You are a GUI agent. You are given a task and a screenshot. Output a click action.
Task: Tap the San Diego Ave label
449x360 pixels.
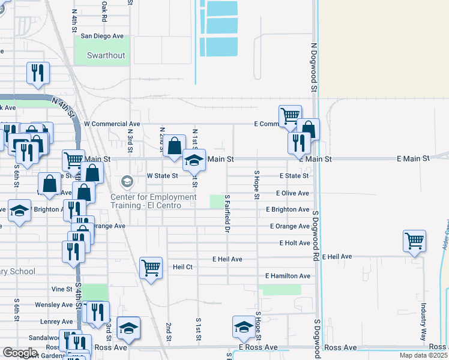[101, 36]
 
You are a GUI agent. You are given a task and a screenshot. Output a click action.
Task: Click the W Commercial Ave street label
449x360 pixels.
[112, 124]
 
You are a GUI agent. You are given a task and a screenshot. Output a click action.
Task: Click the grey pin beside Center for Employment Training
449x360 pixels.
[127, 181]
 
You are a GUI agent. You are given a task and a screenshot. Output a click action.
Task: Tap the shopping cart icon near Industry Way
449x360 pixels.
[415, 241]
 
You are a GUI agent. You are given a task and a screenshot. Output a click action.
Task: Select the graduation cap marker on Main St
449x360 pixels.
[194, 160]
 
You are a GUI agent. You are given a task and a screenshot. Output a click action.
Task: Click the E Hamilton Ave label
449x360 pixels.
[288, 276]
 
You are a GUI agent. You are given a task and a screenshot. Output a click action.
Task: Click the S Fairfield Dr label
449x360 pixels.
[228, 214]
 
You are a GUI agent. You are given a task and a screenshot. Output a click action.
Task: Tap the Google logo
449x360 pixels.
[20, 353]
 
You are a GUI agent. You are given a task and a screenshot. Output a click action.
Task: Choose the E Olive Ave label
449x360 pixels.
[292, 193]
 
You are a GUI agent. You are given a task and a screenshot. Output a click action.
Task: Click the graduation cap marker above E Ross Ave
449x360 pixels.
[243, 327]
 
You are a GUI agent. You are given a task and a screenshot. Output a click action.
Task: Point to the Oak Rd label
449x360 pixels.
[104, 11]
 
